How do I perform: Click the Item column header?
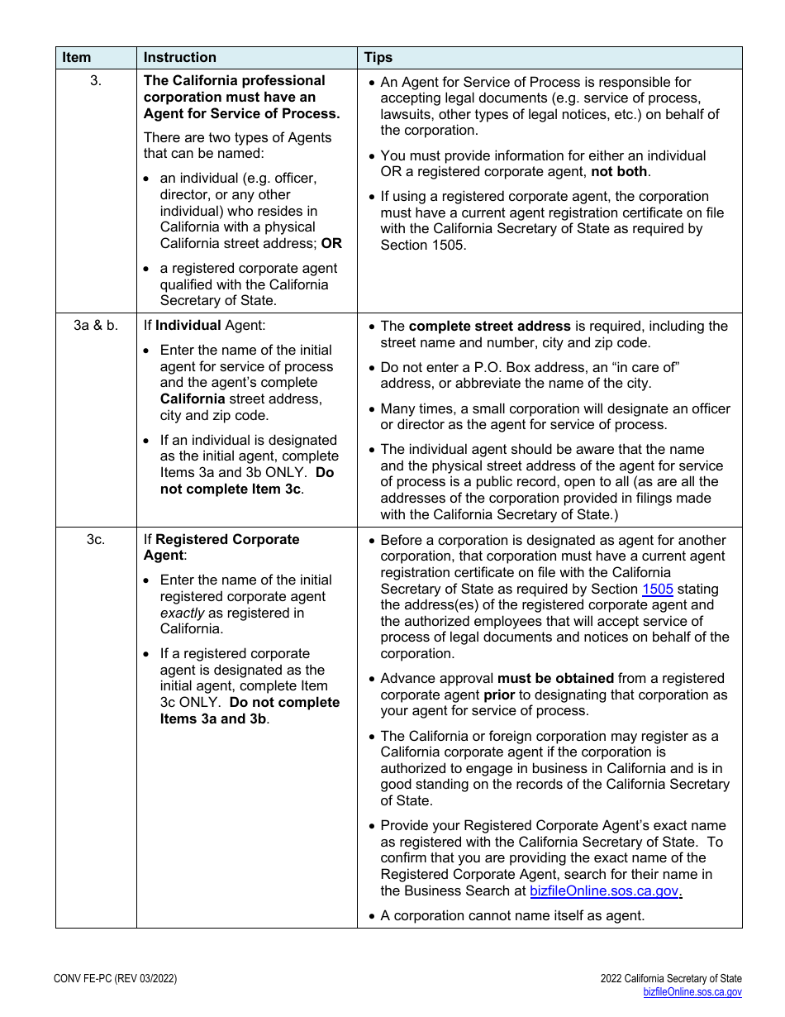(77, 58)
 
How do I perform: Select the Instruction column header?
(179, 58)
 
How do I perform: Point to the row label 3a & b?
(96, 326)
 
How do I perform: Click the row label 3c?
(96, 540)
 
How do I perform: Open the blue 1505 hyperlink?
(657, 590)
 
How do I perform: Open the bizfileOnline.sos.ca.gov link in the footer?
(692, 992)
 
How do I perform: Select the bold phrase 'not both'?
(620, 172)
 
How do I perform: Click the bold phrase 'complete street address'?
(489, 327)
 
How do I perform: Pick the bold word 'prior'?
(499, 695)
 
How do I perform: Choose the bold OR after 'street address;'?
(331, 244)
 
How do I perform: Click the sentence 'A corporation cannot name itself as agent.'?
(512, 916)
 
